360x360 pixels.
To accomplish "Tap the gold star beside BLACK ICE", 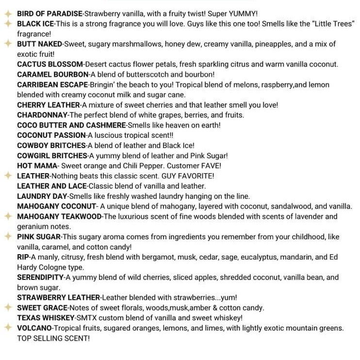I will point(8,23).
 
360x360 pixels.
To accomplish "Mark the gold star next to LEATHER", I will point(8,176).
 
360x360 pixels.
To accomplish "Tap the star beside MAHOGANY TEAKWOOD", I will point(8,216).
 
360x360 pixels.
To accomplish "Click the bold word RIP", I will point(23,257).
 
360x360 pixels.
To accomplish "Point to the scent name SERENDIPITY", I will point(40,278).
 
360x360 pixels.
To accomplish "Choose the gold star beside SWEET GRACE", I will point(8,308).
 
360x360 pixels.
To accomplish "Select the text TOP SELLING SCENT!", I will point(53,338).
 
